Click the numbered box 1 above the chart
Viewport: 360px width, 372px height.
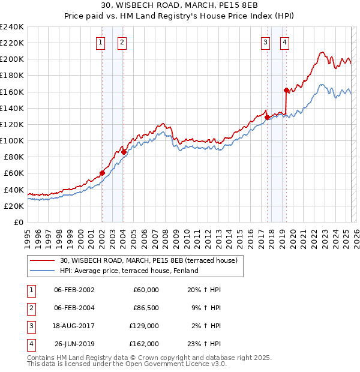tap(100, 42)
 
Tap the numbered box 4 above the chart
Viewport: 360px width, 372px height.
tap(284, 42)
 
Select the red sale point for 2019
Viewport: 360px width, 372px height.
tap(286, 90)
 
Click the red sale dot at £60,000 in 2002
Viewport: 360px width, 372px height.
tap(102, 173)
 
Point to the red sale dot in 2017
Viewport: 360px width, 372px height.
tap(266, 117)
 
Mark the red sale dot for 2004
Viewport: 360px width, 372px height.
tap(123, 152)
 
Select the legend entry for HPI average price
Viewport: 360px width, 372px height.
tap(129, 271)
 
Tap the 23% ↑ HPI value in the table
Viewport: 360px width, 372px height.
tap(205, 344)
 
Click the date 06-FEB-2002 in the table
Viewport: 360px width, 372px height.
tap(74, 290)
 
